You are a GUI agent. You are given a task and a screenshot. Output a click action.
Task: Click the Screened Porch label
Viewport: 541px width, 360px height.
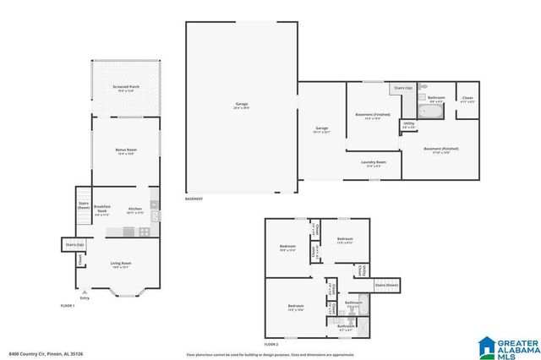(x=125, y=89)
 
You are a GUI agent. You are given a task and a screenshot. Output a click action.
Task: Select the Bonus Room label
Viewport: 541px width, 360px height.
(x=125, y=151)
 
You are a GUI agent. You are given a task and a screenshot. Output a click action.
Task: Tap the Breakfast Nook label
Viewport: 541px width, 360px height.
(x=102, y=209)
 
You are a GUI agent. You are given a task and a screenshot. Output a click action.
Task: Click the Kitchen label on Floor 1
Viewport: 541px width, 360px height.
(x=134, y=210)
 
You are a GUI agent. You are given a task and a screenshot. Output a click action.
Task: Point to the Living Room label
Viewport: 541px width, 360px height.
(x=120, y=265)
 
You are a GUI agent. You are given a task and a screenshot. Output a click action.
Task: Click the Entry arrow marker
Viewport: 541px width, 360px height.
(x=84, y=292)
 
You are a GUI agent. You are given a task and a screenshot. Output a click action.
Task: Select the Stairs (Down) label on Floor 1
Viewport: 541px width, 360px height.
(x=84, y=205)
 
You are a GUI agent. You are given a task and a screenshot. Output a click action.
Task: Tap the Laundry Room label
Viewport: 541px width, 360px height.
(x=373, y=163)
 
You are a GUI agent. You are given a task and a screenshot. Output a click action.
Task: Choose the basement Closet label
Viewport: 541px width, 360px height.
(x=467, y=99)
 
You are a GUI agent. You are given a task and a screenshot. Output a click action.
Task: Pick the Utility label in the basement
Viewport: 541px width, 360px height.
(x=408, y=125)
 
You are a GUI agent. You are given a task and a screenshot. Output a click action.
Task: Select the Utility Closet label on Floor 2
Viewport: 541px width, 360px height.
(x=361, y=269)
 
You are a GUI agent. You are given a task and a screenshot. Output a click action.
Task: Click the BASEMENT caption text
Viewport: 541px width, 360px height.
(x=196, y=199)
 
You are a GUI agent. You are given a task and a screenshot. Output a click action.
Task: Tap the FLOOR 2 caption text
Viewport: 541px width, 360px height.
(x=270, y=345)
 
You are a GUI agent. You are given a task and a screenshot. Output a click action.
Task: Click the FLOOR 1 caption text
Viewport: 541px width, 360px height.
(x=68, y=304)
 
